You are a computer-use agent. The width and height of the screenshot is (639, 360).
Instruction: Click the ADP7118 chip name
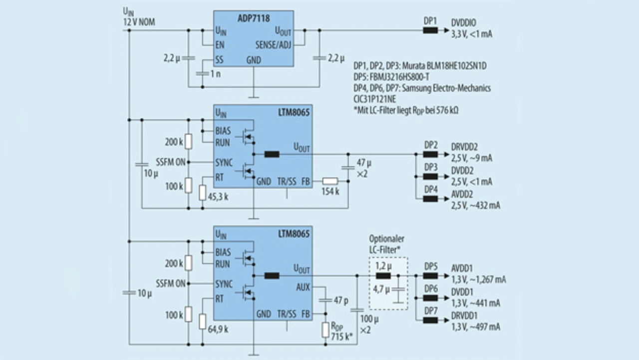coord(254,18)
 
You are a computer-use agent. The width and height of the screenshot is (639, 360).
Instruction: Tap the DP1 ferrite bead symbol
coord(430,30)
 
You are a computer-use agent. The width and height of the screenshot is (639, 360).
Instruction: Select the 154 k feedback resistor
coord(330,181)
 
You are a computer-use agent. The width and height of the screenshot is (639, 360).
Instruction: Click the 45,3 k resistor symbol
coord(202,193)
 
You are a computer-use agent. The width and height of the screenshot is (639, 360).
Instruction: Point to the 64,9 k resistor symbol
coord(202,322)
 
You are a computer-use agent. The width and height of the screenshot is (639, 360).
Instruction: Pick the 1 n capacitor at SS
coord(202,74)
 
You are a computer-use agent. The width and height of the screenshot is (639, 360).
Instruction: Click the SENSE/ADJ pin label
coord(273,45)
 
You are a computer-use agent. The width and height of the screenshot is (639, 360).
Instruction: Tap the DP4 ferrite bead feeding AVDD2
coord(430,199)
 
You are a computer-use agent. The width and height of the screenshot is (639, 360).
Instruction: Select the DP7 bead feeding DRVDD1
coord(430,321)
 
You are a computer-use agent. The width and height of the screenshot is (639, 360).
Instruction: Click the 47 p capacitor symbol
coord(325,300)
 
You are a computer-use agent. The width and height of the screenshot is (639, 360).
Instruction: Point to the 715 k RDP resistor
coord(325,330)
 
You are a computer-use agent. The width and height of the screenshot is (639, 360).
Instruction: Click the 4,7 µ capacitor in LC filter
coord(398,290)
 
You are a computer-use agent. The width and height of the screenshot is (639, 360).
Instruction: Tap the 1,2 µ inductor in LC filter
coord(383,276)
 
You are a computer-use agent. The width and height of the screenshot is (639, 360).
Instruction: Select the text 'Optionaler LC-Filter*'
coord(386,244)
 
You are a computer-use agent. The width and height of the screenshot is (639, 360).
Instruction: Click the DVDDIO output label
coord(464,23)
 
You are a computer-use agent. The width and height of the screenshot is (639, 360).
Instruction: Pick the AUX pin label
coord(303,287)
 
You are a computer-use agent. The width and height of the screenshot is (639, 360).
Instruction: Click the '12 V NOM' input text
coord(139,22)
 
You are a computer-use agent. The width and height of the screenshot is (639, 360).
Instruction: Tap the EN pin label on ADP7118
coord(220,45)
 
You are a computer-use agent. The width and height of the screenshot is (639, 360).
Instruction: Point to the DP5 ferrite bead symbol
coord(430,276)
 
